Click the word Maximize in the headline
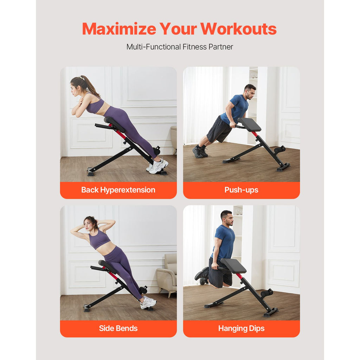point(119,29)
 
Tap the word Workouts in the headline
point(238,29)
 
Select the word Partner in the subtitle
point(221,47)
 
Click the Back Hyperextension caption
point(118,190)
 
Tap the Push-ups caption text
point(241,190)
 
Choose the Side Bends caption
point(118,328)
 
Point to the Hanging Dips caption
point(241,329)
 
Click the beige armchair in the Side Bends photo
point(167,274)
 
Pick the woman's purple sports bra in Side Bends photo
point(99,239)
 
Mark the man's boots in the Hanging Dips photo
point(202,275)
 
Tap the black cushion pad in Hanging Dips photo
point(234,266)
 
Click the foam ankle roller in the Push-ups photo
point(280,150)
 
